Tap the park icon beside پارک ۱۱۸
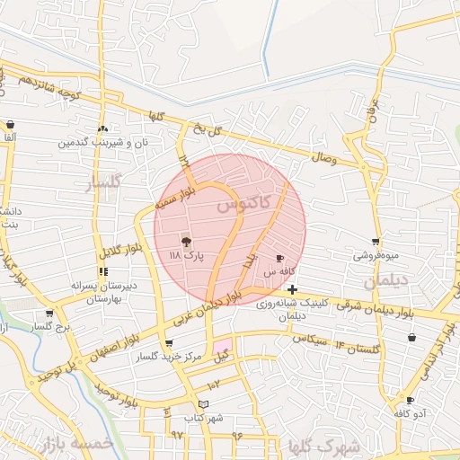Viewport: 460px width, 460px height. [x=186, y=241]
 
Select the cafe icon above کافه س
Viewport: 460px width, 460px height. [x=279, y=258]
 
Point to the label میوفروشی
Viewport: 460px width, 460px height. [x=375, y=255]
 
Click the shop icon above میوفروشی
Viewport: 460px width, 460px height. [x=375, y=242]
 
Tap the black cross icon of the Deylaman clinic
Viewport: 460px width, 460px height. [x=293, y=289]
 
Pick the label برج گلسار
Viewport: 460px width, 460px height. [x=50, y=327]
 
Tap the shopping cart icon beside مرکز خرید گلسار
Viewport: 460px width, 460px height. [x=169, y=344]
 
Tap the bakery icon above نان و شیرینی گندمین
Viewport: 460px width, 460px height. [x=102, y=129]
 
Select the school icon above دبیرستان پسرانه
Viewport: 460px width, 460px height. [x=103, y=271]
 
